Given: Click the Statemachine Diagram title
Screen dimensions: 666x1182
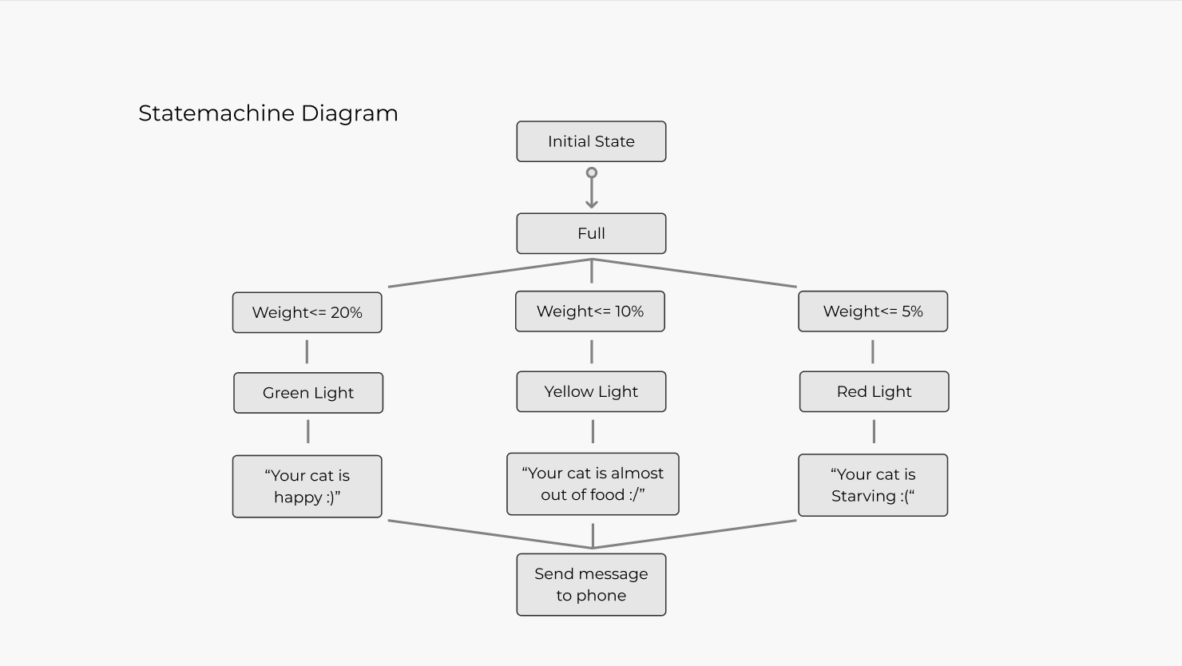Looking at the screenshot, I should click(x=268, y=113).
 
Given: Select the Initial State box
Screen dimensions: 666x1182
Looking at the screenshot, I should click(x=591, y=141).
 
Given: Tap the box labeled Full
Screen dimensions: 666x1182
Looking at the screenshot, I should click(x=591, y=233).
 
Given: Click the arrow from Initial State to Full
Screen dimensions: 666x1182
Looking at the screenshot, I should click(x=592, y=192).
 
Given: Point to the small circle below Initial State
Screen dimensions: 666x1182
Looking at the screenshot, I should click(x=592, y=172).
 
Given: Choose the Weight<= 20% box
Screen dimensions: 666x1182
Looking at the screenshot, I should click(x=307, y=312).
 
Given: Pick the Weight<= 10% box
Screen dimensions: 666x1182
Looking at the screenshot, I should click(x=590, y=311).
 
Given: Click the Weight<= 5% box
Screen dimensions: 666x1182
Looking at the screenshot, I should click(x=873, y=311).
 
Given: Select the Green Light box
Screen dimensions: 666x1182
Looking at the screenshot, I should click(x=308, y=393).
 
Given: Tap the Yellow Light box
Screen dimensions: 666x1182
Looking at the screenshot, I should click(x=591, y=391).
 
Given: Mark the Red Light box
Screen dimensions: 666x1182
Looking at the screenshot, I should click(x=874, y=391).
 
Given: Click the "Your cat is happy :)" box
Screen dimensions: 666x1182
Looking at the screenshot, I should click(x=307, y=486).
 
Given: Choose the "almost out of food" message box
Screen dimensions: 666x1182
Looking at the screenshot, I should click(x=593, y=484).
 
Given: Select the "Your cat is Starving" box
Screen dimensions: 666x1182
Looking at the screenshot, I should click(x=873, y=486).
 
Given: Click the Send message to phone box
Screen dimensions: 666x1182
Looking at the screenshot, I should click(x=591, y=585).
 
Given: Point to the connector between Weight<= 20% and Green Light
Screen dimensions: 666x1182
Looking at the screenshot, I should click(x=307, y=351).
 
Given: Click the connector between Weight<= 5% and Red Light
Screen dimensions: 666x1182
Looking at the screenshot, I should click(x=873, y=351).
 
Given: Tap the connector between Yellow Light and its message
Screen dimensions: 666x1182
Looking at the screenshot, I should click(x=593, y=432).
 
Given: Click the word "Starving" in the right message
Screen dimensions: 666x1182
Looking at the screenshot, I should click(x=863, y=496).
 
